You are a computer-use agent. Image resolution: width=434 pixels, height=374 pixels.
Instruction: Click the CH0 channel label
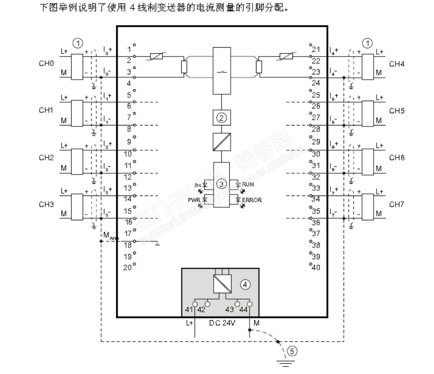46,64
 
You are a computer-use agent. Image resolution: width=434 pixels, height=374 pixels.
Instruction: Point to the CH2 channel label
46,158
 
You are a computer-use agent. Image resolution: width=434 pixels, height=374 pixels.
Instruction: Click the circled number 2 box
221,117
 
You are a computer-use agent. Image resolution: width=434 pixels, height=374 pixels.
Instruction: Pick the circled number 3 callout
221,184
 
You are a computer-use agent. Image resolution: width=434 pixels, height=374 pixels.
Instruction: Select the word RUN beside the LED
248,184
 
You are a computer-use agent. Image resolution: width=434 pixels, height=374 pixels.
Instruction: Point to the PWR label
195,199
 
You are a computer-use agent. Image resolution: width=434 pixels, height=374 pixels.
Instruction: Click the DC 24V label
222,322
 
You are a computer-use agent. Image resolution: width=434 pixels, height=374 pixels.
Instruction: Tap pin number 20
127,267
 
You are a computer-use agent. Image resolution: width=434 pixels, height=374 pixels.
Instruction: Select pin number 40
315,267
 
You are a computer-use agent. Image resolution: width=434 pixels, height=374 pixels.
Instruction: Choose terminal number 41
189,309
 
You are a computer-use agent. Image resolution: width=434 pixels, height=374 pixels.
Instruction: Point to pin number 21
315,50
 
